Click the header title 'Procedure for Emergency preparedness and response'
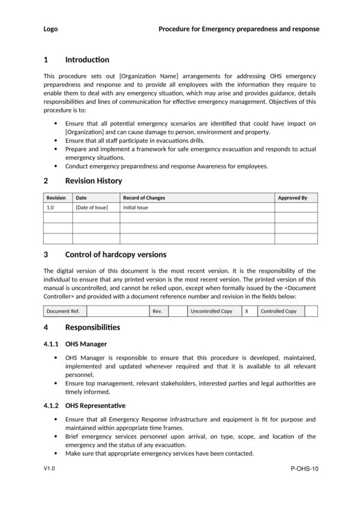tap(238, 29)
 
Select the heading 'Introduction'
tap(87, 59)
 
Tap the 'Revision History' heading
tap(93, 181)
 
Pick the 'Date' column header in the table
tap(81, 197)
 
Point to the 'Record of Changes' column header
tap(144, 197)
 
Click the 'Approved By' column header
tap(292, 197)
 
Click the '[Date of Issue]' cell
tap(91, 208)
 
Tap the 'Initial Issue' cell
tap(135, 208)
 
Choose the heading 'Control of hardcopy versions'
tap(115, 254)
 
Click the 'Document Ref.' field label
tap(63, 311)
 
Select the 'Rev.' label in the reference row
tap(157, 311)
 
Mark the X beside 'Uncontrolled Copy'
tap(247, 311)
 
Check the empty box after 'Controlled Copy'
tap(311, 311)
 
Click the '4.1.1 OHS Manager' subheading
tap(76, 344)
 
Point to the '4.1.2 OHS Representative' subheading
tap(85, 406)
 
